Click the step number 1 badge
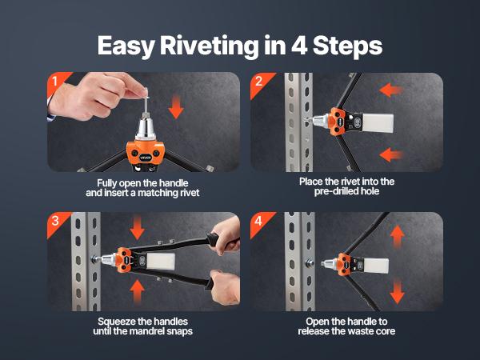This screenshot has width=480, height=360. (x=55, y=81)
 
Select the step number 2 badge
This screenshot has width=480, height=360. (x=259, y=81)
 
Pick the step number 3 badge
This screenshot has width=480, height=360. (x=55, y=220)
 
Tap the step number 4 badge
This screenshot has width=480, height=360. (x=259, y=220)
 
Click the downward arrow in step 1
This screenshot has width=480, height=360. (x=177, y=105)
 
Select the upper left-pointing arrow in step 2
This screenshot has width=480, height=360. (x=391, y=90)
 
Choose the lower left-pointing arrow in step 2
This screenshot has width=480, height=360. (x=391, y=154)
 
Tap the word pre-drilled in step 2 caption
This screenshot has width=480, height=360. (x=335, y=193)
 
